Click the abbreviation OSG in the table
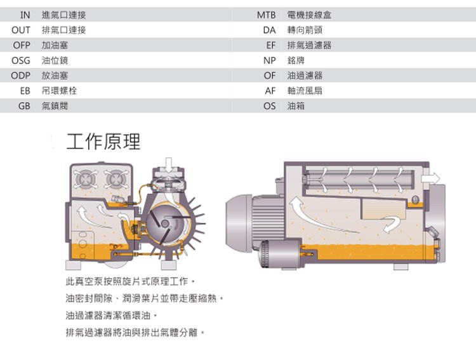[x=21, y=60]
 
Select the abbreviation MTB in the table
[x=266, y=15]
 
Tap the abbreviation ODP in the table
[x=21, y=76]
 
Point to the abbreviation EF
[x=271, y=45]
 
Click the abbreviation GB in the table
[x=24, y=106]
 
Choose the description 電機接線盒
[x=309, y=15]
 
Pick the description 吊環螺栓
[x=59, y=91]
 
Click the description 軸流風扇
[x=305, y=91]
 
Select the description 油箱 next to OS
[x=296, y=106]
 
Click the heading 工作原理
[x=103, y=142]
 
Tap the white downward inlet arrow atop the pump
[x=169, y=166]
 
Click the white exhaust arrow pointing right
[x=430, y=178]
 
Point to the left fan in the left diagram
[x=86, y=179]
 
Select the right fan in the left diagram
[x=116, y=179]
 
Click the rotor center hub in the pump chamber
[x=165, y=224]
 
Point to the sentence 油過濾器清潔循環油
[x=112, y=316]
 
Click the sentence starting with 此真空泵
[x=130, y=282]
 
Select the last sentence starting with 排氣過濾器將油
[x=135, y=332]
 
